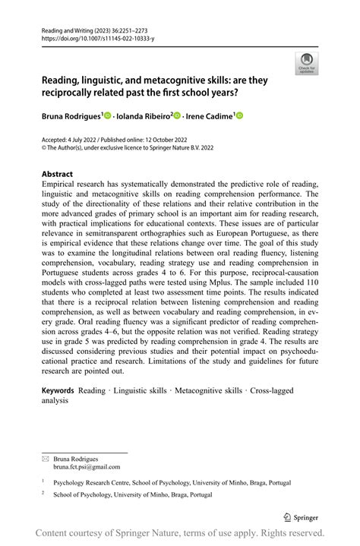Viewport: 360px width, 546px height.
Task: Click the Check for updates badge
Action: (x=307, y=63)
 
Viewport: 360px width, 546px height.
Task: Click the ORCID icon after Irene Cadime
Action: (x=239, y=115)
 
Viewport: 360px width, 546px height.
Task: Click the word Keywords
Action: (x=58, y=390)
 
